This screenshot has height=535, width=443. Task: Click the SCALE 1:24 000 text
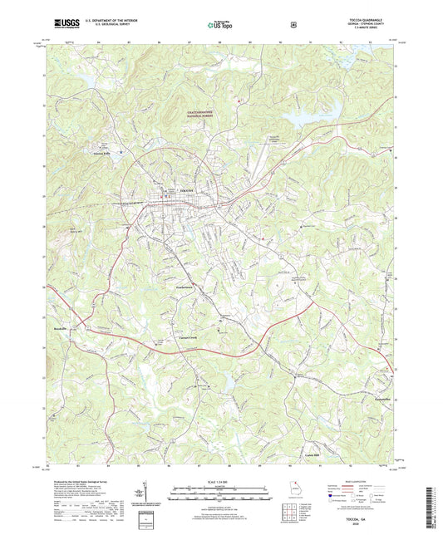(x=220, y=483)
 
